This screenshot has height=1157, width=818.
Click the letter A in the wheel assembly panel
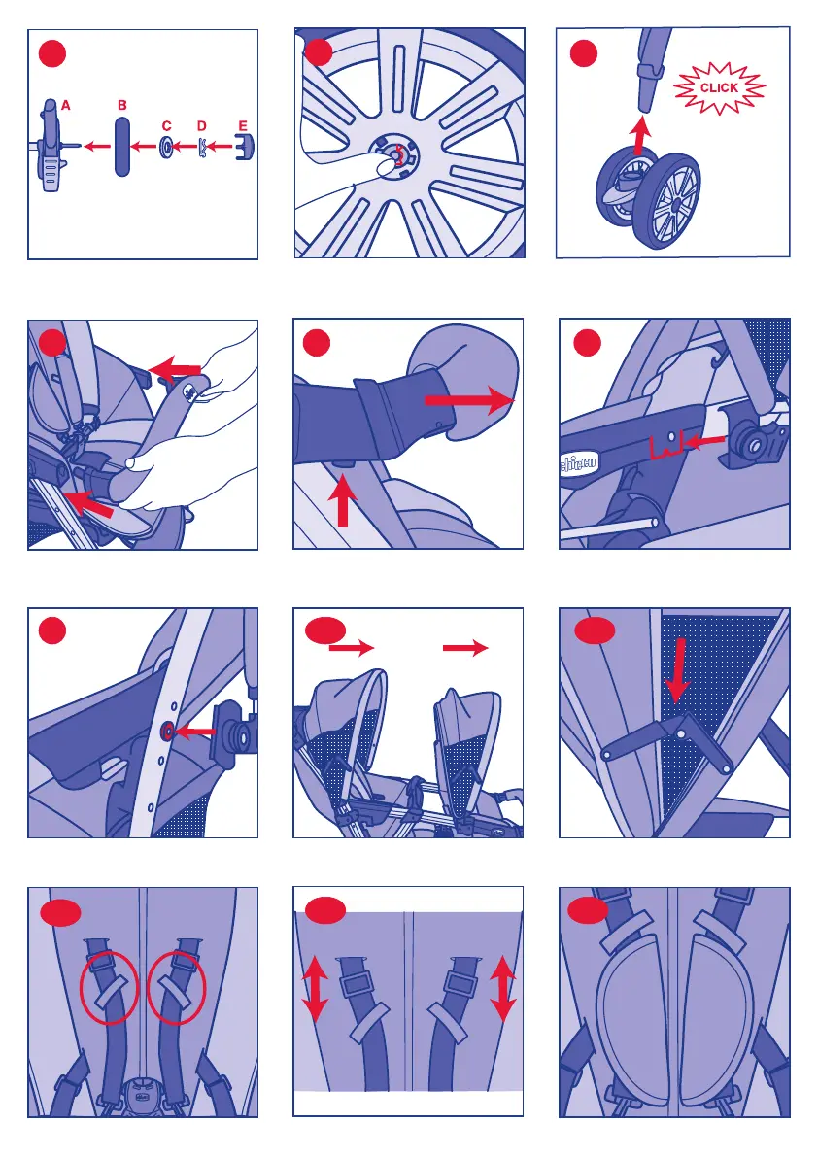click(66, 106)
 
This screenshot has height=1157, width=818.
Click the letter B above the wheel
click(121, 106)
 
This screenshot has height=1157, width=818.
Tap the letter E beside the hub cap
click(243, 126)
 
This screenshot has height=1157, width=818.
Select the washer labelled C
click(167, 147)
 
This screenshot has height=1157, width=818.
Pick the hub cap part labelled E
click(244, 146)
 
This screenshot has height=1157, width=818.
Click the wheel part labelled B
click(121, 146)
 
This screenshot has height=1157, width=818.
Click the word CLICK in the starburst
click(719, 87)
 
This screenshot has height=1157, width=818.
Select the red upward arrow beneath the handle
click(342, 500)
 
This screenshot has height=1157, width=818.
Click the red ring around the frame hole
click(168, 732)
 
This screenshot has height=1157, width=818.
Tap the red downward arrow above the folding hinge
click(676, 670)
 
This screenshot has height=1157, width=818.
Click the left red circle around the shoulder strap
click(109, 988)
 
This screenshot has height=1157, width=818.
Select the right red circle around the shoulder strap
click(177, 988)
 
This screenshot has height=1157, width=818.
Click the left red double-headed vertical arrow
click(316, 989)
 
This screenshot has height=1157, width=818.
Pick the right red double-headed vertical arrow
click(503, 989)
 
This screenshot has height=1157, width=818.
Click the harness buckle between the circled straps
click(144, 1095)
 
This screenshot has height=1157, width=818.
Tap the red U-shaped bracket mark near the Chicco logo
click(667, 447)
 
